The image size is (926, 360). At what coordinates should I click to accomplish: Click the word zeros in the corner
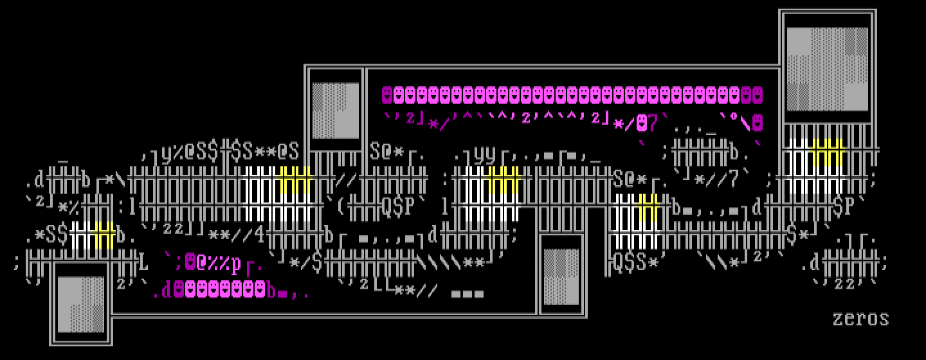coord(860,318)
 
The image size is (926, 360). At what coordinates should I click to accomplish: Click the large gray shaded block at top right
coord(827,68)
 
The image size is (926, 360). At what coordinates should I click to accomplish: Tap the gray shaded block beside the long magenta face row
coord(335,110)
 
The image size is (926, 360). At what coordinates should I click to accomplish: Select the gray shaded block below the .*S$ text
coord(80,304)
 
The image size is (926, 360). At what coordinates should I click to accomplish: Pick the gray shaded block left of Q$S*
coord(561,276)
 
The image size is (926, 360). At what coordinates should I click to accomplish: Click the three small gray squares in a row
coord(468,294)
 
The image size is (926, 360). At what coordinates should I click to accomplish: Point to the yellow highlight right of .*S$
coord(104,235)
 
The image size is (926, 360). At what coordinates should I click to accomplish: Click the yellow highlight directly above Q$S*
coord(648,207)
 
